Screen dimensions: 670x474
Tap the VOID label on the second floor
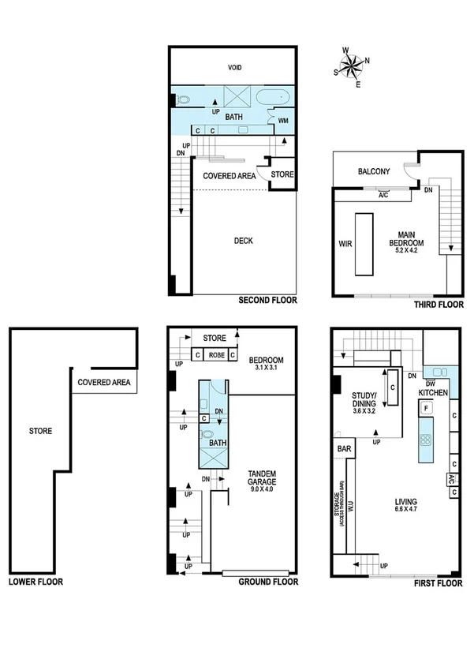point(234,68)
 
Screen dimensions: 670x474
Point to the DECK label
point(243,241)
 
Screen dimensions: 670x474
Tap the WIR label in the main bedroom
point(344,244)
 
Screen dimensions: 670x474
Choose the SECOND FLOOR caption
point(268,301)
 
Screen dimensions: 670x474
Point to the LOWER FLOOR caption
point(35,582)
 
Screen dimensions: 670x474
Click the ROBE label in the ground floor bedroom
point(216,356)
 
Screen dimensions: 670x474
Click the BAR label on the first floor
point(344,449)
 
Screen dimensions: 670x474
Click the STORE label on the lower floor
point(40,432)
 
